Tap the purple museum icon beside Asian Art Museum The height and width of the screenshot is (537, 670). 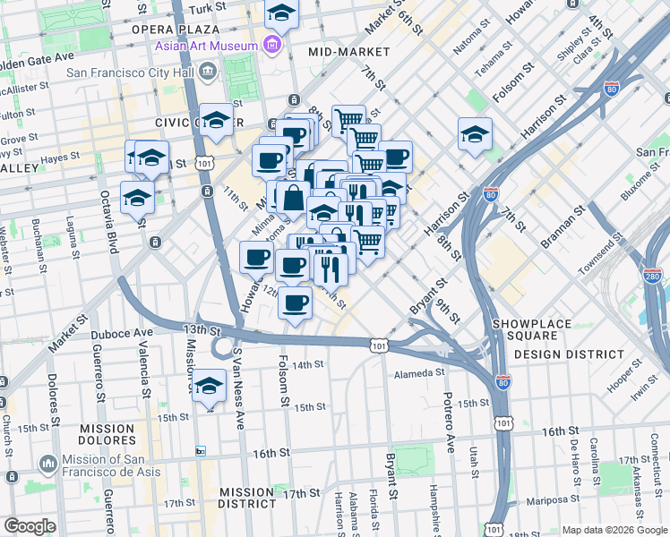[x=272, y=45]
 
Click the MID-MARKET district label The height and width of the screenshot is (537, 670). [x=348, y=52]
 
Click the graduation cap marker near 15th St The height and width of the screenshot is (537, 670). [x=210, y=386]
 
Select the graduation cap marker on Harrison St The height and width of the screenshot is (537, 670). [x=475, y=134]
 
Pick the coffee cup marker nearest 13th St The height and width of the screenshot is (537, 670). [x=295, y=302]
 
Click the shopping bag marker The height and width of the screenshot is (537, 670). [x=293, y=198]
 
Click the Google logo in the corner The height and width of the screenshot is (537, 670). [x=30, y=526]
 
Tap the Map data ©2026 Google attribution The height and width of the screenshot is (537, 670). [x=614, y=530]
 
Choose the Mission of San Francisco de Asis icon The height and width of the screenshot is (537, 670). [x=49, y=463]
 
